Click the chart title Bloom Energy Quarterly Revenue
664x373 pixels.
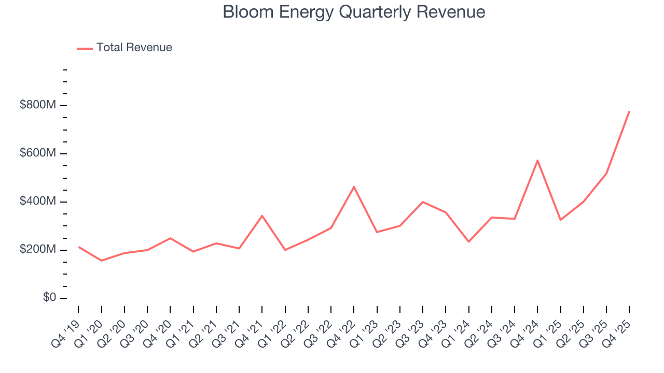point(354,12)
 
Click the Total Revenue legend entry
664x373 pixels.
point(125,48)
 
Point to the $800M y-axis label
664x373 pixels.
point(38,105)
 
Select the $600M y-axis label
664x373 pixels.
point(38,153)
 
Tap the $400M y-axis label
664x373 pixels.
point(38,202)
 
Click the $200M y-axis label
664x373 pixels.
point(38,250)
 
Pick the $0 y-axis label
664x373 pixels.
point(49,298)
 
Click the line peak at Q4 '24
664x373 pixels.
point(537,161)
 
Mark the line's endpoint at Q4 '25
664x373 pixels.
point(629,111)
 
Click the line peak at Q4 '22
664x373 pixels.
point(354,187)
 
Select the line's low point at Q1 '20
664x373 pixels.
point(101,261)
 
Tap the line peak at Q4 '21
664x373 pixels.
point(262,216)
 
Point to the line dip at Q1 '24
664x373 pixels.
point(468,242)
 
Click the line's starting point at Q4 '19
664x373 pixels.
point(78,247)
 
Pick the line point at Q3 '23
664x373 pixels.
point(423,202)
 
